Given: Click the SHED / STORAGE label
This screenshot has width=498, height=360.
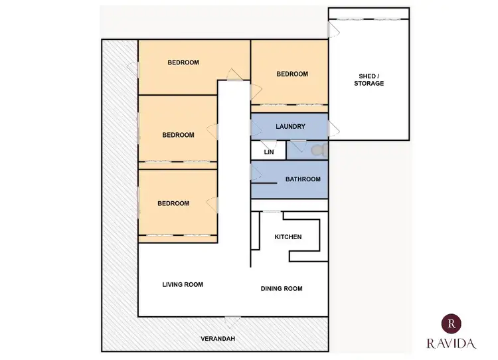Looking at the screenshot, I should (x=368, y=80).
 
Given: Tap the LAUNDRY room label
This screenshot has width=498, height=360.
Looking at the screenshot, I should (x=290, y=126).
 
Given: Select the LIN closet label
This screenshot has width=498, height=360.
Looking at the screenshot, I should (x=269, y=152).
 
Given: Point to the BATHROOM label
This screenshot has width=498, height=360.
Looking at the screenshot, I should (x=303, y=179).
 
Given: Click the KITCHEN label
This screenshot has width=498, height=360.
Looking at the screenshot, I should (x=288, y=237).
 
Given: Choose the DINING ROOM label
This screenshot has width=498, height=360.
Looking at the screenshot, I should (x=281, y=288).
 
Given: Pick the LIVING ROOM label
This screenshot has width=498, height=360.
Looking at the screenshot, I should (x=183, y=284).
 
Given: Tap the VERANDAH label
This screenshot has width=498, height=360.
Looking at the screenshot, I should (x=218, y=339).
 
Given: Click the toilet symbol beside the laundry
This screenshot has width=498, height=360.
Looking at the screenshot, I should (x=317, y=151).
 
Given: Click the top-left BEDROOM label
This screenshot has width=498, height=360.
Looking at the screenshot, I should (x=183, y=62).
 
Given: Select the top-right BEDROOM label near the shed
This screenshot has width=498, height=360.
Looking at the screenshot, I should (x=292, y=74).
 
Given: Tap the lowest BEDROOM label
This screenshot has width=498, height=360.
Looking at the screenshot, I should (x=173, y=203).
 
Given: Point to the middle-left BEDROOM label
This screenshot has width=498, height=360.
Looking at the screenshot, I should (x=178, y=135).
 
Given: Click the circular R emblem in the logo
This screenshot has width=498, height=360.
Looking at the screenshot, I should (x=452, y=323).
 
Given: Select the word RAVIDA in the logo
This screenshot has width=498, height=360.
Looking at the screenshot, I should (x=452, y=343).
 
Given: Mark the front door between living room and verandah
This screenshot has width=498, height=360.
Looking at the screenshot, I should (x=232, y=320).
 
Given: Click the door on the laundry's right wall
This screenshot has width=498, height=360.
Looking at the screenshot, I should (x=333, y=128).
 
